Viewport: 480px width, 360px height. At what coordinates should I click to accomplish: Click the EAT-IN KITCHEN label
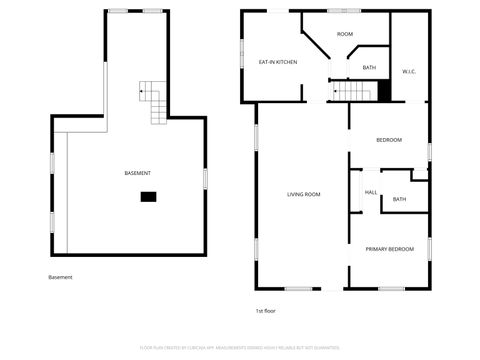[278, 62]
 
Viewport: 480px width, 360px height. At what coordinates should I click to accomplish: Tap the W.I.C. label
[409, 72]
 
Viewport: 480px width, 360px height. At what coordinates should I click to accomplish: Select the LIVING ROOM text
[303, 194]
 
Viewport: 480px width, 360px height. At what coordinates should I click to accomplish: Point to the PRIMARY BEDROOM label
[389, 248]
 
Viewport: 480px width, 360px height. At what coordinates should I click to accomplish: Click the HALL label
[371, 192]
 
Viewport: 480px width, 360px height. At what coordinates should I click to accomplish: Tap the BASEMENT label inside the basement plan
[138, 173]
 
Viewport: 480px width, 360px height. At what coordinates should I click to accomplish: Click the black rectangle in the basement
[148, 197]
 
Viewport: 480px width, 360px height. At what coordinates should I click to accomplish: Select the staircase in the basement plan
[156, 103]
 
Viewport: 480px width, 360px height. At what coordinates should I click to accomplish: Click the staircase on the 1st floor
[354, 93]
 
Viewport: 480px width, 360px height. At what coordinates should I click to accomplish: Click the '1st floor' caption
[265, 311]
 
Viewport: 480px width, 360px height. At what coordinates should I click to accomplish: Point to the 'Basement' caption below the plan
[60, 277]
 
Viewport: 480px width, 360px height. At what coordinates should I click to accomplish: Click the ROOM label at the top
[345, 34]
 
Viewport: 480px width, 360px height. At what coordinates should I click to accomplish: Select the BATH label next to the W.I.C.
[369, 68]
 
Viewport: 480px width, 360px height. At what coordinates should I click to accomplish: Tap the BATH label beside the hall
[399, 199]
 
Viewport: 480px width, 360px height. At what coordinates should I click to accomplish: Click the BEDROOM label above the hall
[389, 140]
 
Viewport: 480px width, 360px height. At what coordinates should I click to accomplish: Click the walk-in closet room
[410, 55]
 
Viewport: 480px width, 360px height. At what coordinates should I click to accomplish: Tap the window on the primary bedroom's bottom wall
[391, 289]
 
